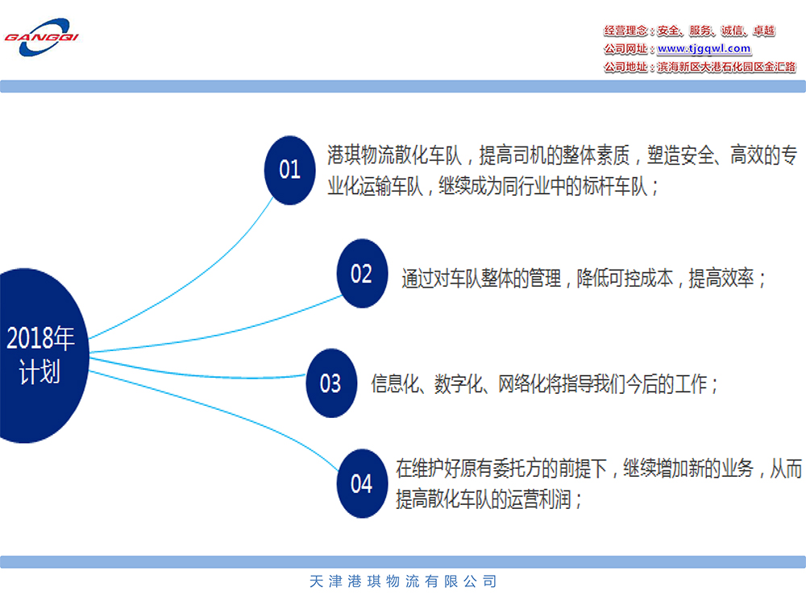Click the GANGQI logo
(42, 37)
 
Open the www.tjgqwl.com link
(704, 48)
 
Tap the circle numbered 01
(289, 170)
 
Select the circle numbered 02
(362, 273)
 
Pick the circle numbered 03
(331, 383)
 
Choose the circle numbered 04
(362, 483)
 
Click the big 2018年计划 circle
(40, 355)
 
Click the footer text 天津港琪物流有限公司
(403, 581)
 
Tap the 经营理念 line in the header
(689, 31)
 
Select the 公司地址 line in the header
(700, 67)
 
